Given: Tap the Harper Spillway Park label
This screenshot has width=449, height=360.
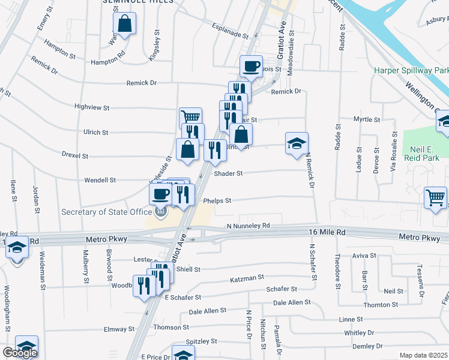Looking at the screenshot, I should point(411,71).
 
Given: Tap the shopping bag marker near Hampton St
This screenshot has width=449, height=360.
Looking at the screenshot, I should point(124,25).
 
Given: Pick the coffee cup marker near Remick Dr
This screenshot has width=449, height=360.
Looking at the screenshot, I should point(251,66).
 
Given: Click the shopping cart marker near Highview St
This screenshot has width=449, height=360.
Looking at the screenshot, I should point(190,118).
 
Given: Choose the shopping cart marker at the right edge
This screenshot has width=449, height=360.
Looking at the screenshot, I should point(435,197).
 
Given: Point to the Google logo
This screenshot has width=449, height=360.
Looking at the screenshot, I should point(20,353).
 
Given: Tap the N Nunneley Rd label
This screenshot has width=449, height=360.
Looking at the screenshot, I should point(249,226).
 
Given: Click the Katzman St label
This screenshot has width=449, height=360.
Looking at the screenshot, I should point(247,278).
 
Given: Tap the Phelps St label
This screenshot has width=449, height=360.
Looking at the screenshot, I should point(217,201).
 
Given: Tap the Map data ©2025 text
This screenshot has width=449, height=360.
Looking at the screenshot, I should point(423,355).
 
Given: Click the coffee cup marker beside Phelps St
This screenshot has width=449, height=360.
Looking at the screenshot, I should point(160,194).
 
